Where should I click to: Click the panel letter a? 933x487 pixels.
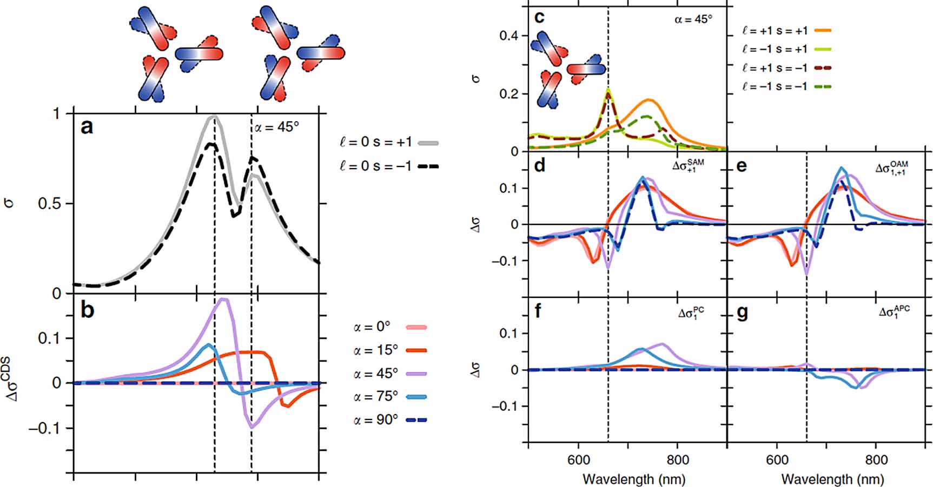tap(87, 127)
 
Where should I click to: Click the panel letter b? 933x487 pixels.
tap(87, 310)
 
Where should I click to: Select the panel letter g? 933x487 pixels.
tap(742, 313)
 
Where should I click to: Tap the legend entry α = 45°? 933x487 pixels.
tap(376, 373)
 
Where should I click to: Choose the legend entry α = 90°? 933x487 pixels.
tap(376, 419)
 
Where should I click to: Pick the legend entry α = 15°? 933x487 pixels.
tap(376, 350)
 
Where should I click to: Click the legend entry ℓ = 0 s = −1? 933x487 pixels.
tap(376, 166)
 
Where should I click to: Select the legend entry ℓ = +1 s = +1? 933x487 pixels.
tap(775, 31)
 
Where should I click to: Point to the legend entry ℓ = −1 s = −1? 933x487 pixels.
tap(775, 86)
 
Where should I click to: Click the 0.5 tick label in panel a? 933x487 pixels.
tap(50, 204)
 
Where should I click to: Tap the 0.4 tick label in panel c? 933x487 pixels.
tap(508, 36)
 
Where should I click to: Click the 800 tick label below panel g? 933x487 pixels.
tap(876, 460)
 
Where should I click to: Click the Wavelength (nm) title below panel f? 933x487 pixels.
tap(634, 479)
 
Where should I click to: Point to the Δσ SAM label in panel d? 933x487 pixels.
tap(688, 165)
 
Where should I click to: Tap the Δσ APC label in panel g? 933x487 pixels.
tap(894, 312)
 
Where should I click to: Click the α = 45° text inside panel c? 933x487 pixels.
tap(693, 19)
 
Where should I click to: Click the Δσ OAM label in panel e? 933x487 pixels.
tap(891, 168)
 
